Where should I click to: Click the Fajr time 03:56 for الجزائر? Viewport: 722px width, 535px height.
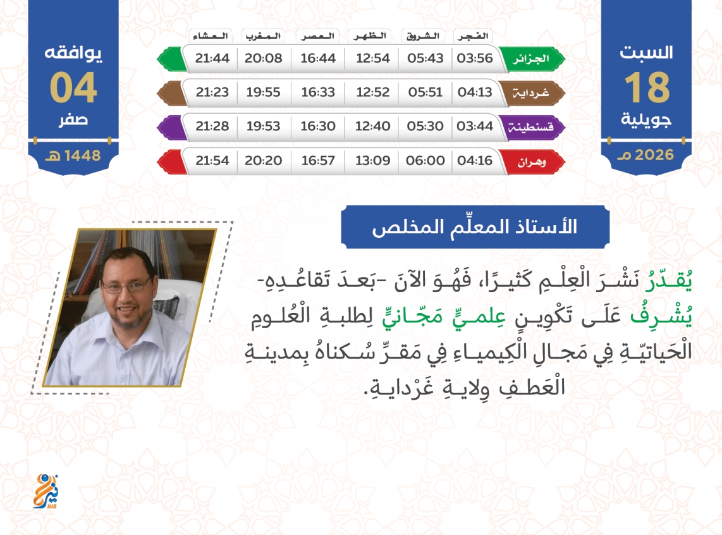[x=474, y=58]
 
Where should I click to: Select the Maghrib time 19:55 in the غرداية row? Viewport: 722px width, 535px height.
[x=263, y=92]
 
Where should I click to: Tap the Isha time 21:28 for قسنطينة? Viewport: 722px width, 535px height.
[x=212, y=126]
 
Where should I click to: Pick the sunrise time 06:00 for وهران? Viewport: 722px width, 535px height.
[x=425, y=160]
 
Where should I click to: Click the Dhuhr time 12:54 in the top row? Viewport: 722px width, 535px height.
[x=372, y=58]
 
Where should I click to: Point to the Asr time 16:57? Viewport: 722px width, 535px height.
[x=318, y=160]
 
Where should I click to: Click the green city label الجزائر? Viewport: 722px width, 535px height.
[x=531, y=59]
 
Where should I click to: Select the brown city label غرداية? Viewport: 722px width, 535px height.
[x=531, y=93]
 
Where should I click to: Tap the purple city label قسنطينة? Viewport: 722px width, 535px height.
[x=530, y=127]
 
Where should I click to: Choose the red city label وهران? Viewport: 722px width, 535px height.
[x=531, y=162]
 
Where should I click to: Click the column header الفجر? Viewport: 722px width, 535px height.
[x=473, y=36]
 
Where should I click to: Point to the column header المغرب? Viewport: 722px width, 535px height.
[x=263, y=36]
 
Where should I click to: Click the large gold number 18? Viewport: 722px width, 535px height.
[x=647, y=87]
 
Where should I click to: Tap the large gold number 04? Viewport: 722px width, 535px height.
[x=73, y=87]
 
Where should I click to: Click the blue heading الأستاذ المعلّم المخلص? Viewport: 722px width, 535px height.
[x=475, y=227]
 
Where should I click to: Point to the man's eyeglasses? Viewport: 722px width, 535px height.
[x=125, y=286]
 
